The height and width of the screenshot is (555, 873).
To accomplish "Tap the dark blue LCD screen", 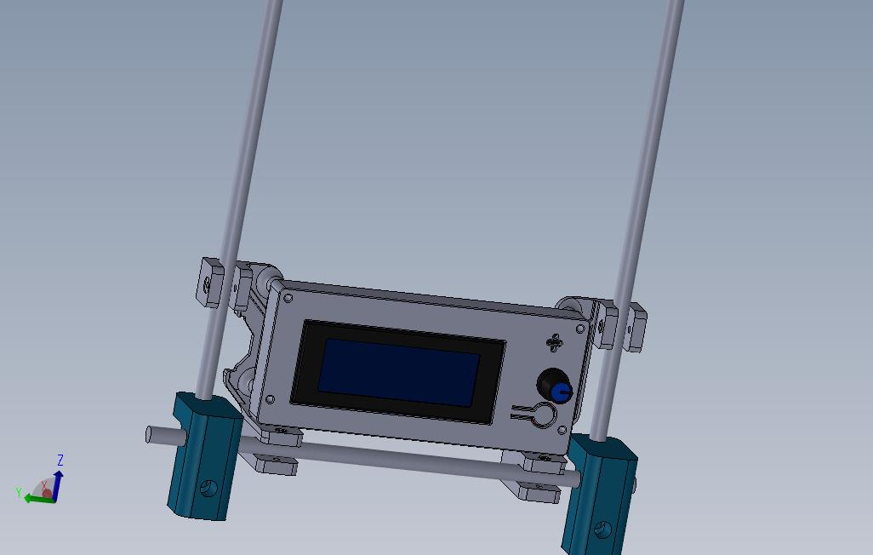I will click(398, 372).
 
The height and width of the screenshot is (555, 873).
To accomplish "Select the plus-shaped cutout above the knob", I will click(555, 342).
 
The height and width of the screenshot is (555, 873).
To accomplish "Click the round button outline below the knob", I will click(542, 416).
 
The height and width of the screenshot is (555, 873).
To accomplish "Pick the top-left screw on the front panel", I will click(288, 298).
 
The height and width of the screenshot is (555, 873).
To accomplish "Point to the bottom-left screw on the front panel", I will click(270, 399).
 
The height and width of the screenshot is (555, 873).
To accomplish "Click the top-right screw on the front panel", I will click(581, 329).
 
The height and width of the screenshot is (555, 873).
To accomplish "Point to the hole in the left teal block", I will click(206, 489).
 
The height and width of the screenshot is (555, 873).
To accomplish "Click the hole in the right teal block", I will click(605, 530).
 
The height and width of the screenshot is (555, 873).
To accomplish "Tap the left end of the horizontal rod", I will click(150, 434).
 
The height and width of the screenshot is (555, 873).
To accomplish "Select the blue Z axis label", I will click(60, 461).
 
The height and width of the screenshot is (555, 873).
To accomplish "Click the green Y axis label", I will click(18, 492).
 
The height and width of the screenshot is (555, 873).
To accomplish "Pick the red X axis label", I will click(44, 484).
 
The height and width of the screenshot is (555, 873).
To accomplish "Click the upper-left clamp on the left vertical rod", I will click(209, 282).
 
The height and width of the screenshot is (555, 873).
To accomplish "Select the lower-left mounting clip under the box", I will click(274, 464).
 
